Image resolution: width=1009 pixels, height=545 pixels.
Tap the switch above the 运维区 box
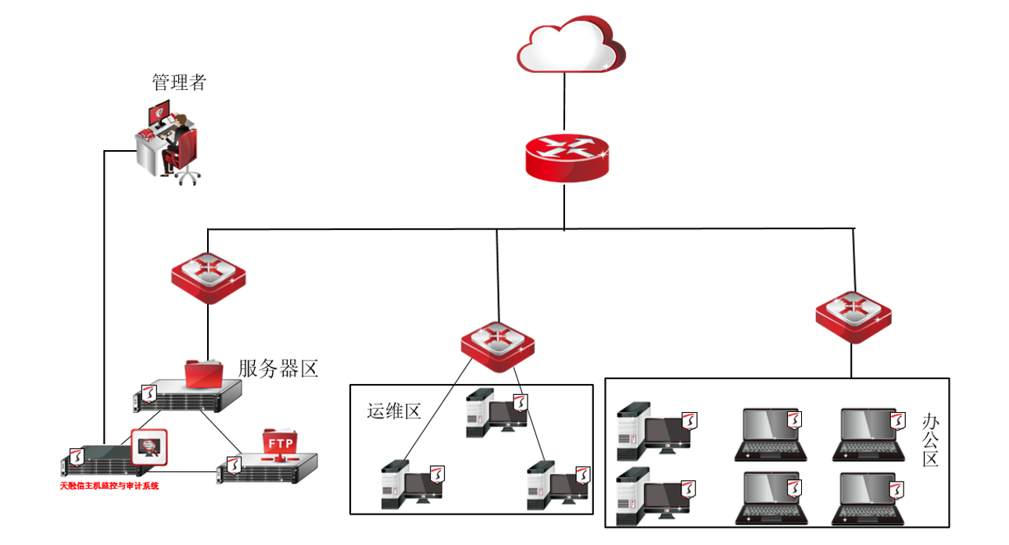pos(497,344)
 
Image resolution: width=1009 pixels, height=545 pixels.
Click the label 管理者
pos(179,82)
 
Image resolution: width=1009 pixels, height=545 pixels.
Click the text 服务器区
pos(278,368)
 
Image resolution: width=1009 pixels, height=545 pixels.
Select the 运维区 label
pos(394,411)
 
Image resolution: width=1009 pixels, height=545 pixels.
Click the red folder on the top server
pos(203,373)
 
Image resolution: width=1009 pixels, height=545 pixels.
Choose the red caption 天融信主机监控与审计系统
pos(109,486)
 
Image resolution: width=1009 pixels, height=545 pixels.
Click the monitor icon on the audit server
pos(148,447)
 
